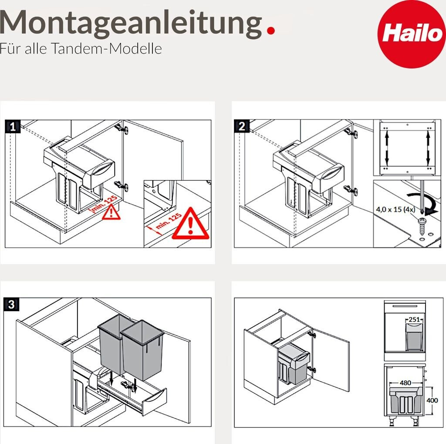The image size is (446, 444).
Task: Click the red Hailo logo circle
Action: coord(411,34)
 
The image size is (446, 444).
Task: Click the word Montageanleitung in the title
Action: coord(131,24)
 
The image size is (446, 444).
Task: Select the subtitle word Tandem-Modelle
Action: coord(107,48)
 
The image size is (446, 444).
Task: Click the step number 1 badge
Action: coord(13,127)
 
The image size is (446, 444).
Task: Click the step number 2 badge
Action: coord(241,126)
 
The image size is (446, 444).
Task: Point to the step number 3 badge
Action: coord(11,305)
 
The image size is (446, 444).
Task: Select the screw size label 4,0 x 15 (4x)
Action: coord(395,210)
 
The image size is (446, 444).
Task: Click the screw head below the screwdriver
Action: coord(422,220)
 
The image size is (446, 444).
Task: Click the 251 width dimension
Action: coord(414,319)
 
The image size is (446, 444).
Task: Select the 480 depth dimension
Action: coord(405,383)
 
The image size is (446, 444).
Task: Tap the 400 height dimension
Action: coord(432,400)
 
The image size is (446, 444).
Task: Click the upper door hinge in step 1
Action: coord(122,129)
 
